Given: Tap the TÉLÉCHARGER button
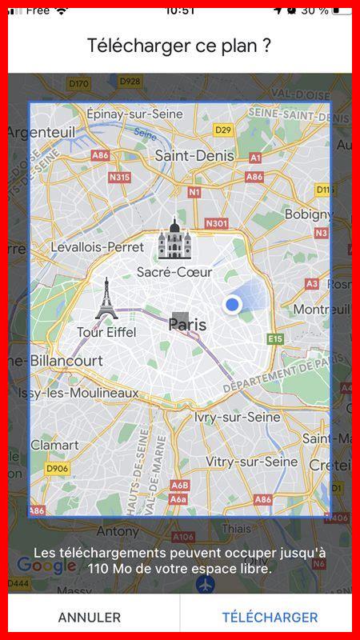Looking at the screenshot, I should coord(270,618).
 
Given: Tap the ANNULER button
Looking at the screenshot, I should coord(90,618).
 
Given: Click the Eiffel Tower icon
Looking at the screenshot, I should coord(106,299).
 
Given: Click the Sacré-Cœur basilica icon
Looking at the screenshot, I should coord(173,239).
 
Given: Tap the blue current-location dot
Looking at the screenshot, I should coord(233,305).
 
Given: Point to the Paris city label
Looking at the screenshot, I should coord(187,325).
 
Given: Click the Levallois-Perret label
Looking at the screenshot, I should coord(97,247).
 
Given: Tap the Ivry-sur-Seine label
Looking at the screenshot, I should coord(238,417).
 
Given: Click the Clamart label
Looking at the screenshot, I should coord(54,445).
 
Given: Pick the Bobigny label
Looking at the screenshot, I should coord(307,214).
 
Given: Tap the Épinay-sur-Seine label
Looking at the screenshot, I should coord(134,114).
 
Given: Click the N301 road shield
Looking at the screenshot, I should coord(216,224).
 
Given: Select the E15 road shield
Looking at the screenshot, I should coord(275,339).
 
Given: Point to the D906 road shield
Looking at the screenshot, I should coord(57,468).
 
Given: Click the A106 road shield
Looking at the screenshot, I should coord(183,537).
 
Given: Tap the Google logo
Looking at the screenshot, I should coord(46,566).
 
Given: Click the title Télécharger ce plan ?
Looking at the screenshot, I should coord(180,46).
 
